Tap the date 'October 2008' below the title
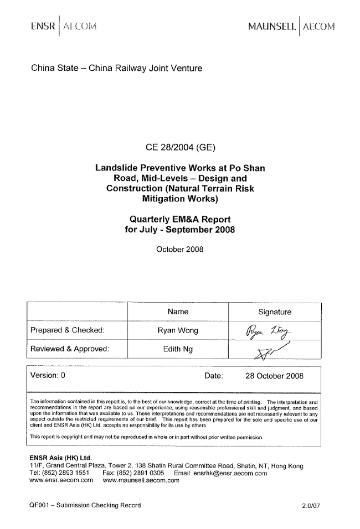pos(180,249)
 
